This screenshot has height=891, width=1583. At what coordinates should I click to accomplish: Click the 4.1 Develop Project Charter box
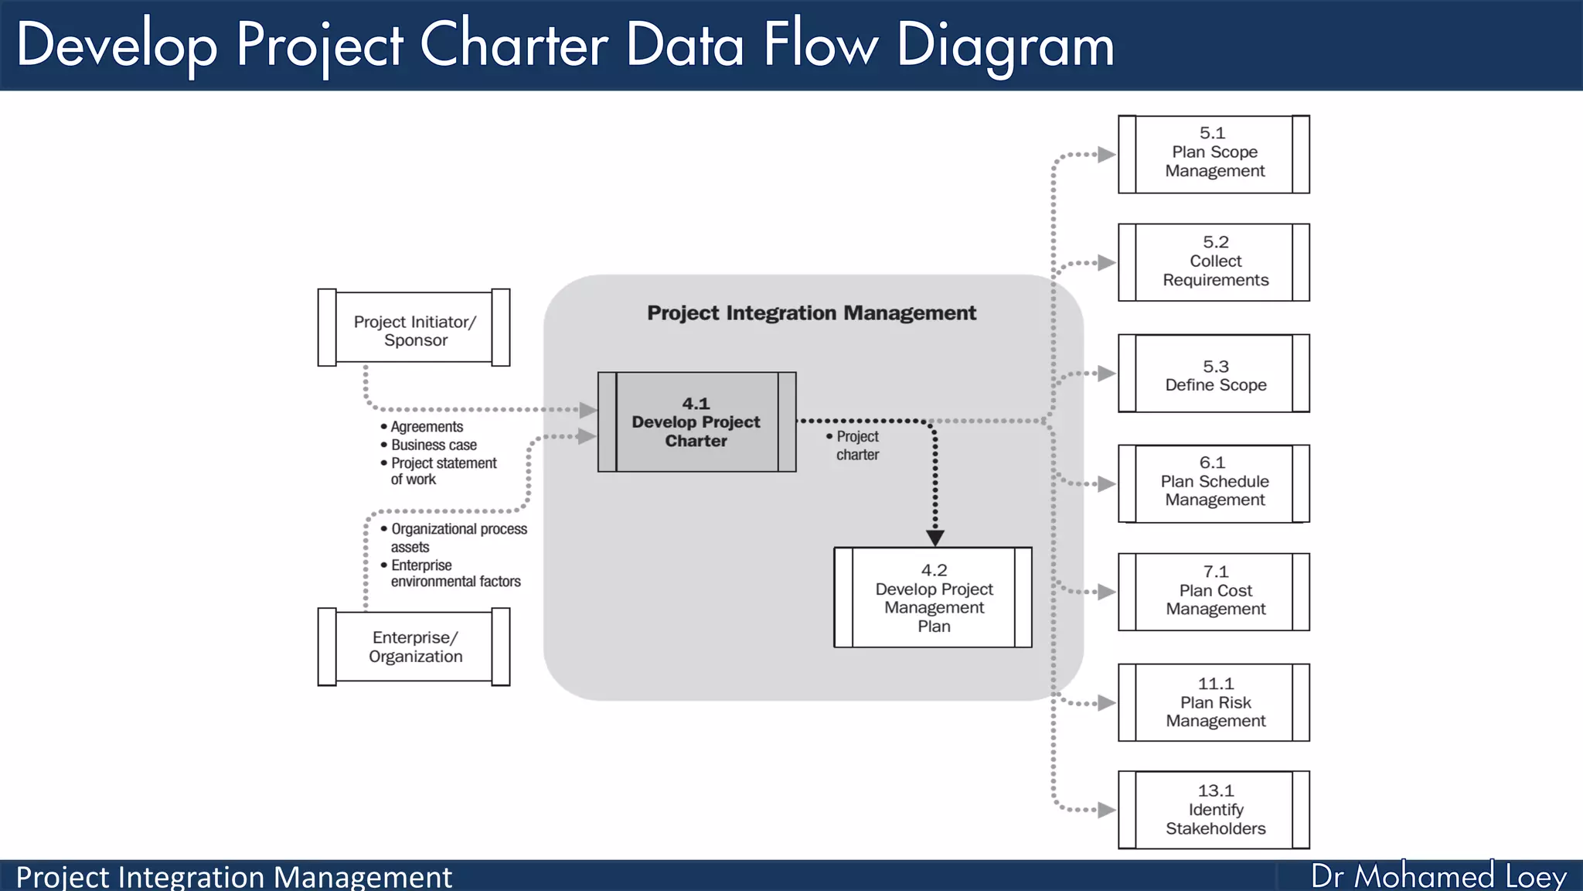(x=696, y=422)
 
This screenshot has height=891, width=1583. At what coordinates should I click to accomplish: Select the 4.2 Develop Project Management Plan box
(x=933, y=598)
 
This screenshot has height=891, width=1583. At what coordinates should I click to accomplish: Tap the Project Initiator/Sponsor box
(x=414, y=328)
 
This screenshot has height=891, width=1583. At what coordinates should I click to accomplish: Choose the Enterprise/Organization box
(x=414, y=647)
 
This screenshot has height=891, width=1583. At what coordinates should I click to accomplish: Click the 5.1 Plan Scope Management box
(x=1214, y=154)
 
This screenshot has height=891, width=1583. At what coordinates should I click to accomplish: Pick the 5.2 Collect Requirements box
(x=1214, y=262)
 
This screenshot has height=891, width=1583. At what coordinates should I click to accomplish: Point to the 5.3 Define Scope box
(x=1214, y=374)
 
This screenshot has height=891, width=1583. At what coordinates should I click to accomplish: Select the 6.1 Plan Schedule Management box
(x=1214, y=483)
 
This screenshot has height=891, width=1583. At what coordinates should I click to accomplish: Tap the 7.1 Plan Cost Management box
(x=1214, y=592)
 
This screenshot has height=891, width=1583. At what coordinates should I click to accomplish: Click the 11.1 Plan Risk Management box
(x=1214, y=702)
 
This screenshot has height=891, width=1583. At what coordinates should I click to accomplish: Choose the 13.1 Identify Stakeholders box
(x=1214, y=810)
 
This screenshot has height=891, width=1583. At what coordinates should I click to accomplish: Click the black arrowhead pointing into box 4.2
(x=934, y=538)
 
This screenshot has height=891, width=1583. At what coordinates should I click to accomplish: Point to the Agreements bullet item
(x=426, y=427)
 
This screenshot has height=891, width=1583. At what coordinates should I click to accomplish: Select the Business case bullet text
(x=434, y=445)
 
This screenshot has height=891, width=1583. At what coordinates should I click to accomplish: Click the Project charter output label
(x=856, y=445)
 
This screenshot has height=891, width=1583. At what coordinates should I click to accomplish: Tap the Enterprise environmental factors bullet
(x=454, y=573)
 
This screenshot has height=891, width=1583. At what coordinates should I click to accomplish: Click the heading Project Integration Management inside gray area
(x=812, y=313)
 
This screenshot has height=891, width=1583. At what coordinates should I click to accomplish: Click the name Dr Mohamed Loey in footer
(x=1438, y=876)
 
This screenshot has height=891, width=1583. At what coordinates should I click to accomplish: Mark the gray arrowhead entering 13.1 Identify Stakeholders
(x=1106, y=810)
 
